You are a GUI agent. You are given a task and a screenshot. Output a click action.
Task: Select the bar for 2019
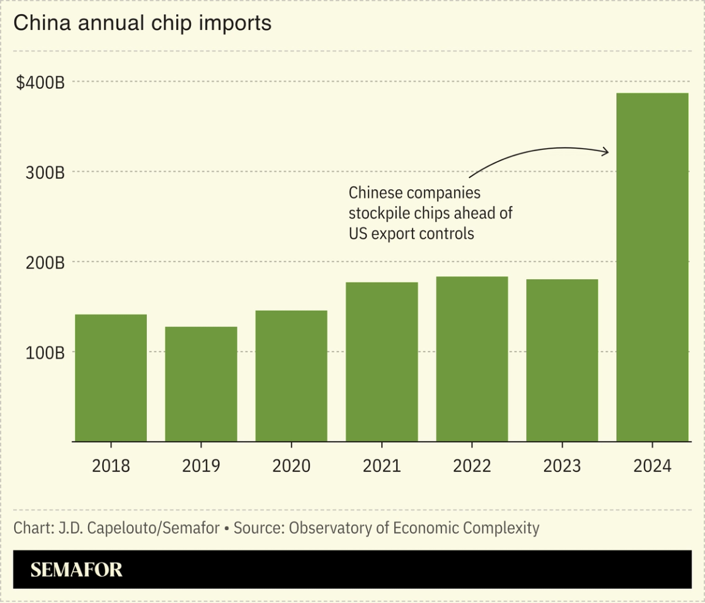click(x=201, y=384)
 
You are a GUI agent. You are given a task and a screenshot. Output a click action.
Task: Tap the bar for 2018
click(x=111, y=378)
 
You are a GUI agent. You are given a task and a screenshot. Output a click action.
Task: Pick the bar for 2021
click(x=381, y=362)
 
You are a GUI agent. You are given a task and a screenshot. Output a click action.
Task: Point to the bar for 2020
click(x=291, y=376)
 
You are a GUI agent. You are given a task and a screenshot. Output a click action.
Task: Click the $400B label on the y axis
click(x=40, y=83)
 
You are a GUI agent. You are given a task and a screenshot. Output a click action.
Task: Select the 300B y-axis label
click(x=46, y=173)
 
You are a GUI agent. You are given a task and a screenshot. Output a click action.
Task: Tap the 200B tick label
click(x=46, y=263)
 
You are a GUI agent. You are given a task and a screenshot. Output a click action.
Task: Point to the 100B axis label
click(x=46, y=353)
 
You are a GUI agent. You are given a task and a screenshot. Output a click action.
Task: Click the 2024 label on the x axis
click(x=652, y=466)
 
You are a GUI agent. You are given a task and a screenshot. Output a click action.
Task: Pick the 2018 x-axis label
click(x=111, y=466)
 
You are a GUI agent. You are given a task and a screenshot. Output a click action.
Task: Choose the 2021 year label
click(x=381, y=466)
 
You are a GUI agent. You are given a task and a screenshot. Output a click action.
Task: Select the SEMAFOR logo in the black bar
click(x=76, y=569)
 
